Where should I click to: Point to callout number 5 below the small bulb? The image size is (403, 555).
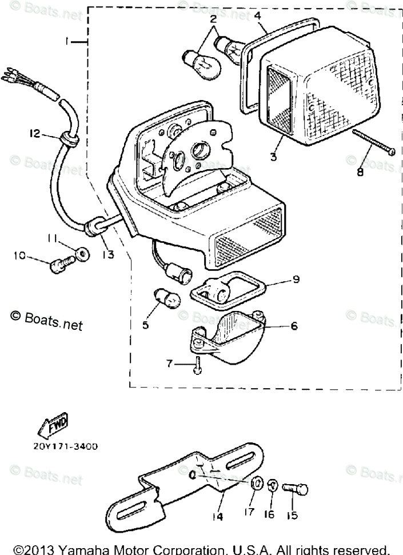[x=145, y=325]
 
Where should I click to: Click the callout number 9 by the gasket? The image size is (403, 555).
[x=295, y=280]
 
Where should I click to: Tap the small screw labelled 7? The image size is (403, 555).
[x=197, y=364]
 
